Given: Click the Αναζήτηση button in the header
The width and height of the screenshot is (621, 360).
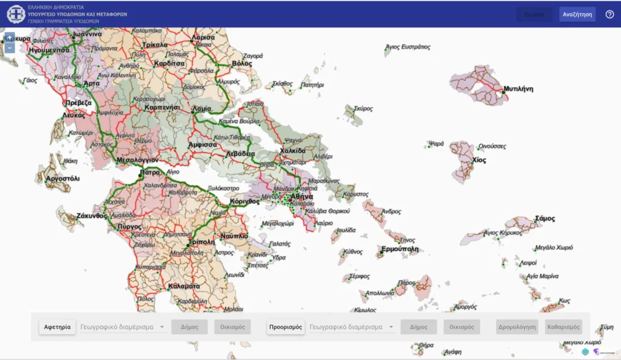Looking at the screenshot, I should tap(577, 14).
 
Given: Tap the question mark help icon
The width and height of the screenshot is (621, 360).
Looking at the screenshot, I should tap(609, 14).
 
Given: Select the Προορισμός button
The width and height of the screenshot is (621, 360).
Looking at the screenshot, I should tap(286, 327).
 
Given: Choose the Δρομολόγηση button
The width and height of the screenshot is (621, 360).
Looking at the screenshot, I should tap(517, 327).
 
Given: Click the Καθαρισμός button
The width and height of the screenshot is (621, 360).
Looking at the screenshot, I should tap(563, 327).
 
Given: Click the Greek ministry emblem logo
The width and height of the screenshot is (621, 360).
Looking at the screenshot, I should tap(16, 14).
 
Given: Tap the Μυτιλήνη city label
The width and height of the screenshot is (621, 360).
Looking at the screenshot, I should tap(519, 88).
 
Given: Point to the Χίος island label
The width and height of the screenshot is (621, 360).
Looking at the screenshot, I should tap(479, 160).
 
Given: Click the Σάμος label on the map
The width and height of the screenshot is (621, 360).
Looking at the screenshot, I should tap(545, 219).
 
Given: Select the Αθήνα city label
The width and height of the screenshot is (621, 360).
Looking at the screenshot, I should tap(301, 197).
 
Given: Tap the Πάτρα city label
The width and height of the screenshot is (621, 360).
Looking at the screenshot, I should tap(149, 173).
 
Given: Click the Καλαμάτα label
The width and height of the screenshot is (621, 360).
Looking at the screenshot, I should tap(185, 285).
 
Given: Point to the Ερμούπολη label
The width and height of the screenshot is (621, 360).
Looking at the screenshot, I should tap(400, 249).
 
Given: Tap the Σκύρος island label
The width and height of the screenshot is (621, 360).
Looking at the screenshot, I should tap(362, 108).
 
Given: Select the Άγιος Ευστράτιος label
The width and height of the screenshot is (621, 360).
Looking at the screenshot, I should tap(408, 47).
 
